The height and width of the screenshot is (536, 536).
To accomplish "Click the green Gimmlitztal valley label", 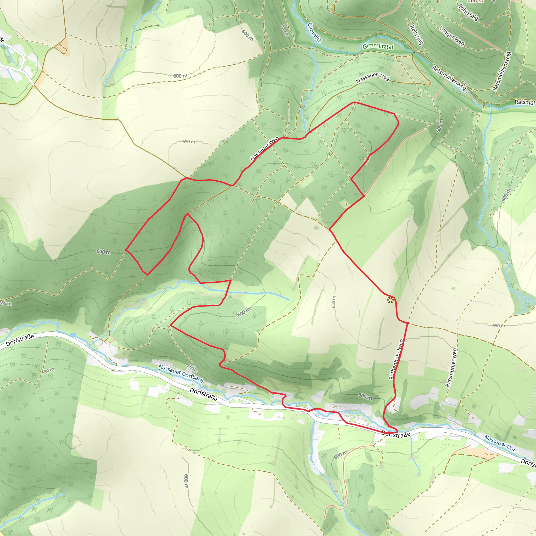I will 378,46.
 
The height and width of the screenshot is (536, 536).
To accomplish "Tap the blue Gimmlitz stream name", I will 314,33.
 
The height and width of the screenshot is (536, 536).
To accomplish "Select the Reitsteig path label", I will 416,35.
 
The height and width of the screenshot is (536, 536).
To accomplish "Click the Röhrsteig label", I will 468,13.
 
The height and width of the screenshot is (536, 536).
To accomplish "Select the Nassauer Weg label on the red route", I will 264,149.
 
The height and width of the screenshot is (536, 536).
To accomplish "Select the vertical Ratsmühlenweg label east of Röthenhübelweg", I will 451,368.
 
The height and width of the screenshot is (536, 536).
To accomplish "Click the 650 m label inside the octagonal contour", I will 189,142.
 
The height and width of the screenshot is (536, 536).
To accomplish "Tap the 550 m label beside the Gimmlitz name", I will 285,31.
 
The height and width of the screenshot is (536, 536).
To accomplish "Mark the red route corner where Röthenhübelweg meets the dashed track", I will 408,323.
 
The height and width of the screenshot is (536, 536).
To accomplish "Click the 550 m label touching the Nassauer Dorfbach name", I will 192,368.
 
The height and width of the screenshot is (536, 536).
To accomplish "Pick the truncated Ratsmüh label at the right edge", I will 525,102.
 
